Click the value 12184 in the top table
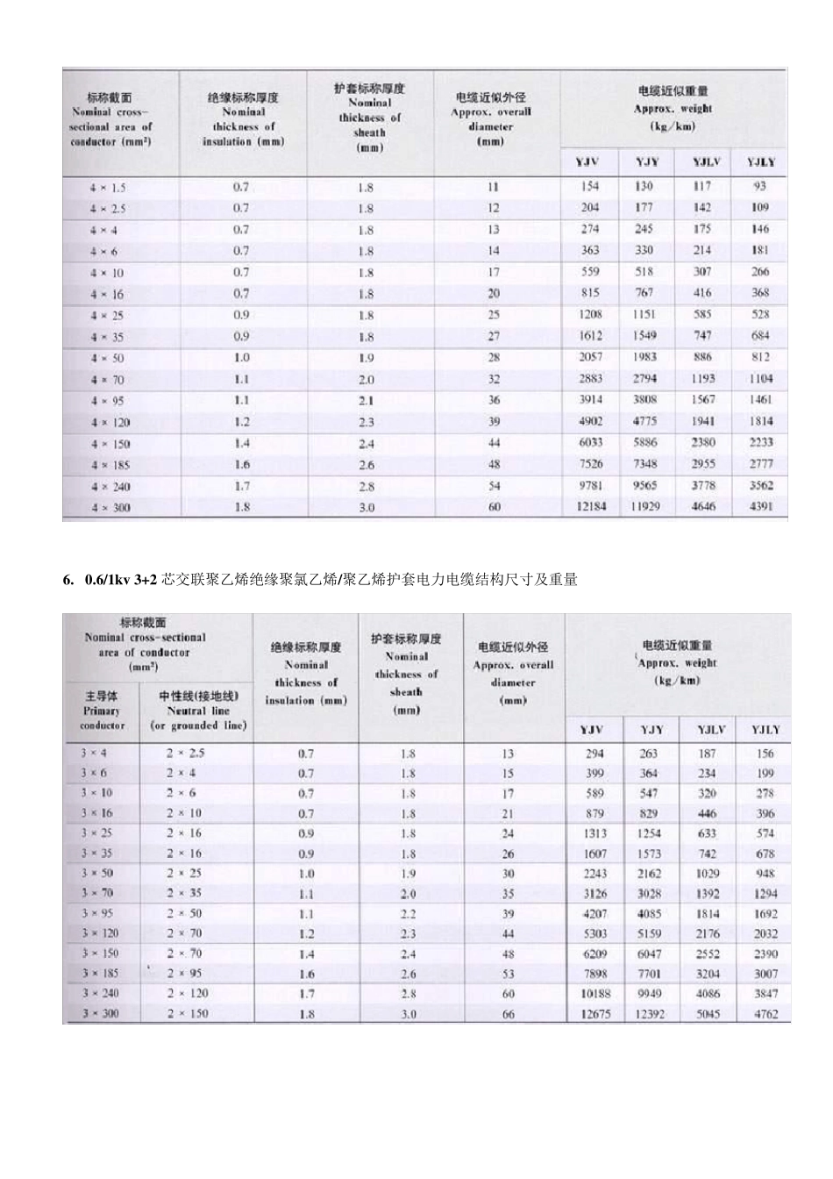point(590,507)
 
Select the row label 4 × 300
point(109,508)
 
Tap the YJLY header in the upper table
point(760,162)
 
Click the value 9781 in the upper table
point(590,485)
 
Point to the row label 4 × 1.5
point(109,188)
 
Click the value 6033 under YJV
point(590,443)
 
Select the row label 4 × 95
point(109,401)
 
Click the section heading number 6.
point(67,580)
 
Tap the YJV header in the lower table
point(593,730)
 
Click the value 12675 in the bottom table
point(594,1014)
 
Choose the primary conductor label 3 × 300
point(100,1013)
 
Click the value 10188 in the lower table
point(594,994)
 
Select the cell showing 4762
point(765,1014)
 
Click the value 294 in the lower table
point(594,754)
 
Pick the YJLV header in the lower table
point(708,730)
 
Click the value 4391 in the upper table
point(760,507)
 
